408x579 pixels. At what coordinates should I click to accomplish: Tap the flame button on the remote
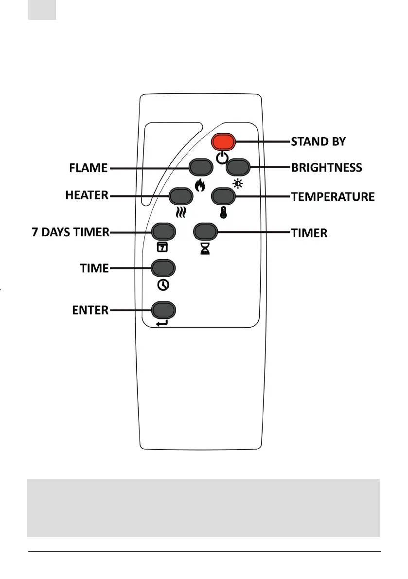tap(201, 168)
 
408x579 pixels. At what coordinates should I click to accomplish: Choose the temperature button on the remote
tap(223, 196)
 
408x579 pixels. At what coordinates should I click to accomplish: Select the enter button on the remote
tap(163, 310)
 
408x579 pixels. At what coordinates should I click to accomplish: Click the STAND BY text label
tap(318, 142)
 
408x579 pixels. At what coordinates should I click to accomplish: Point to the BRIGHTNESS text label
tap(326, 168)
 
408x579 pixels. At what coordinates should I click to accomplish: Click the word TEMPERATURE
tap(333, 197)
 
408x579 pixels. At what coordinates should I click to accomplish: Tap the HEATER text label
tap(87, 195)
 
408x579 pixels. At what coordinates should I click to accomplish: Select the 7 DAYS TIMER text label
tap(71, 232)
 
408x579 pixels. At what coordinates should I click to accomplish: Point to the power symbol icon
tap(222, 158)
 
